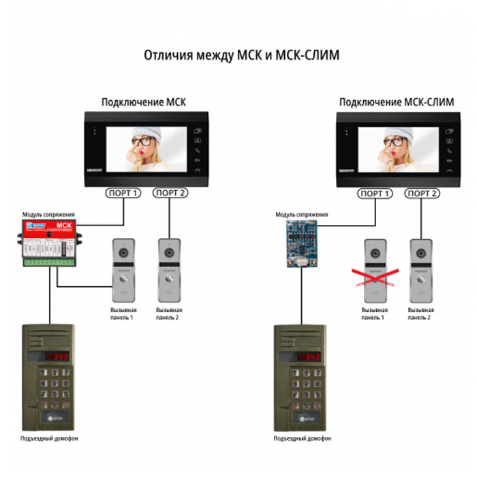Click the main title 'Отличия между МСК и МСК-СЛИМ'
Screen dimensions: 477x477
point(241,55)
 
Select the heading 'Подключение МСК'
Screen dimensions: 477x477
point(143,103)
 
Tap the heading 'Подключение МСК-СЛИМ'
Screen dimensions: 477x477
point(386,103)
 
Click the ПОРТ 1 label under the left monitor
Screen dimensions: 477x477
point(123,194)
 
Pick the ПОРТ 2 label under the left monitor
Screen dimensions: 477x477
point(170,194)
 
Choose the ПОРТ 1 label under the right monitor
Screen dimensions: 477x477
point(375,194)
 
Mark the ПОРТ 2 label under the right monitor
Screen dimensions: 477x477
point(422,194)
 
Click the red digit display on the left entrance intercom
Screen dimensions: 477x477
point(57,357)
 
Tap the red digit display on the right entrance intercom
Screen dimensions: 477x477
point(309,357)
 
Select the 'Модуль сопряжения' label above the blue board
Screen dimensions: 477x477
point(301,214)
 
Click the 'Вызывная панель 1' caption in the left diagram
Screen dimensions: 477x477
point(123,313)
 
